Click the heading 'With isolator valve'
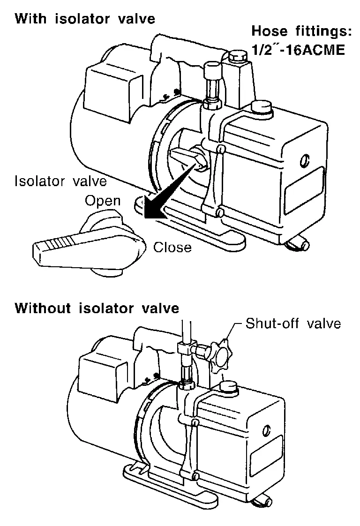(85, 19)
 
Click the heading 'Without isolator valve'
(97, 308)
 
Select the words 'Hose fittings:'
(301, 32)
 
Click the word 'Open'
(103, 202)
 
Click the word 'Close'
(172, 247)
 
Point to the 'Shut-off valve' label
(293, 323)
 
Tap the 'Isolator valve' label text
(61, 181)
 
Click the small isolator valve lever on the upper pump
(187, 157)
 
